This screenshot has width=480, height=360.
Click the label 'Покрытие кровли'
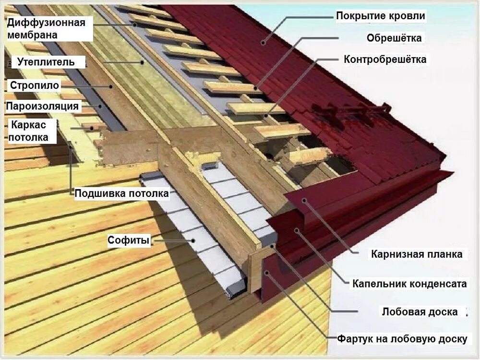point(380,16)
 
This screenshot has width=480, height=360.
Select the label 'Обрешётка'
point(394,38)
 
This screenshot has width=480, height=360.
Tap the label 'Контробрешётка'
point(385,60)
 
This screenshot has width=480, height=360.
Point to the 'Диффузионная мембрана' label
point(46,28)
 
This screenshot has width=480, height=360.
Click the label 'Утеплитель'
point(46,62)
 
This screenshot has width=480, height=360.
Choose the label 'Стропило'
point(34,85)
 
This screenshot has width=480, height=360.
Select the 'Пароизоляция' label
point(42,106)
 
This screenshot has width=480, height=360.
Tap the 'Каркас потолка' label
point(29,131)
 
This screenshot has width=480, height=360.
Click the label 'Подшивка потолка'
point(121,193)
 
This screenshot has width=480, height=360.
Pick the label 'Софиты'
point(129,240)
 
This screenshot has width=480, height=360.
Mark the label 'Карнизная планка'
point(417,254)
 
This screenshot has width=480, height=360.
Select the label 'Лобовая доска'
point(420,312)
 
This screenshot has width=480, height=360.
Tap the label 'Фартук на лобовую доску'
point(402,339)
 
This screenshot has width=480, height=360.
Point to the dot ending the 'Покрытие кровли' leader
point(263,43)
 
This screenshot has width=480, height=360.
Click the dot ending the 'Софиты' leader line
point(194,241)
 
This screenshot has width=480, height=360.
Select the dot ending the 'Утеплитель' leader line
point(142,62)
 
